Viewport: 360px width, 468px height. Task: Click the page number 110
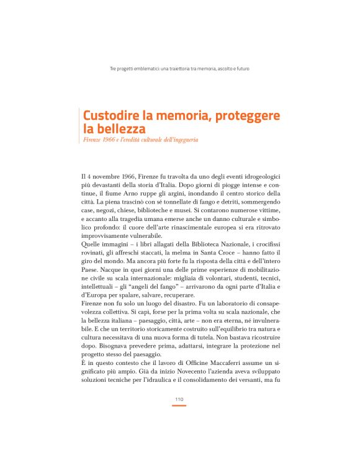tap(179, 400)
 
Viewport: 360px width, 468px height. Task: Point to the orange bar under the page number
tap(179, 406)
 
